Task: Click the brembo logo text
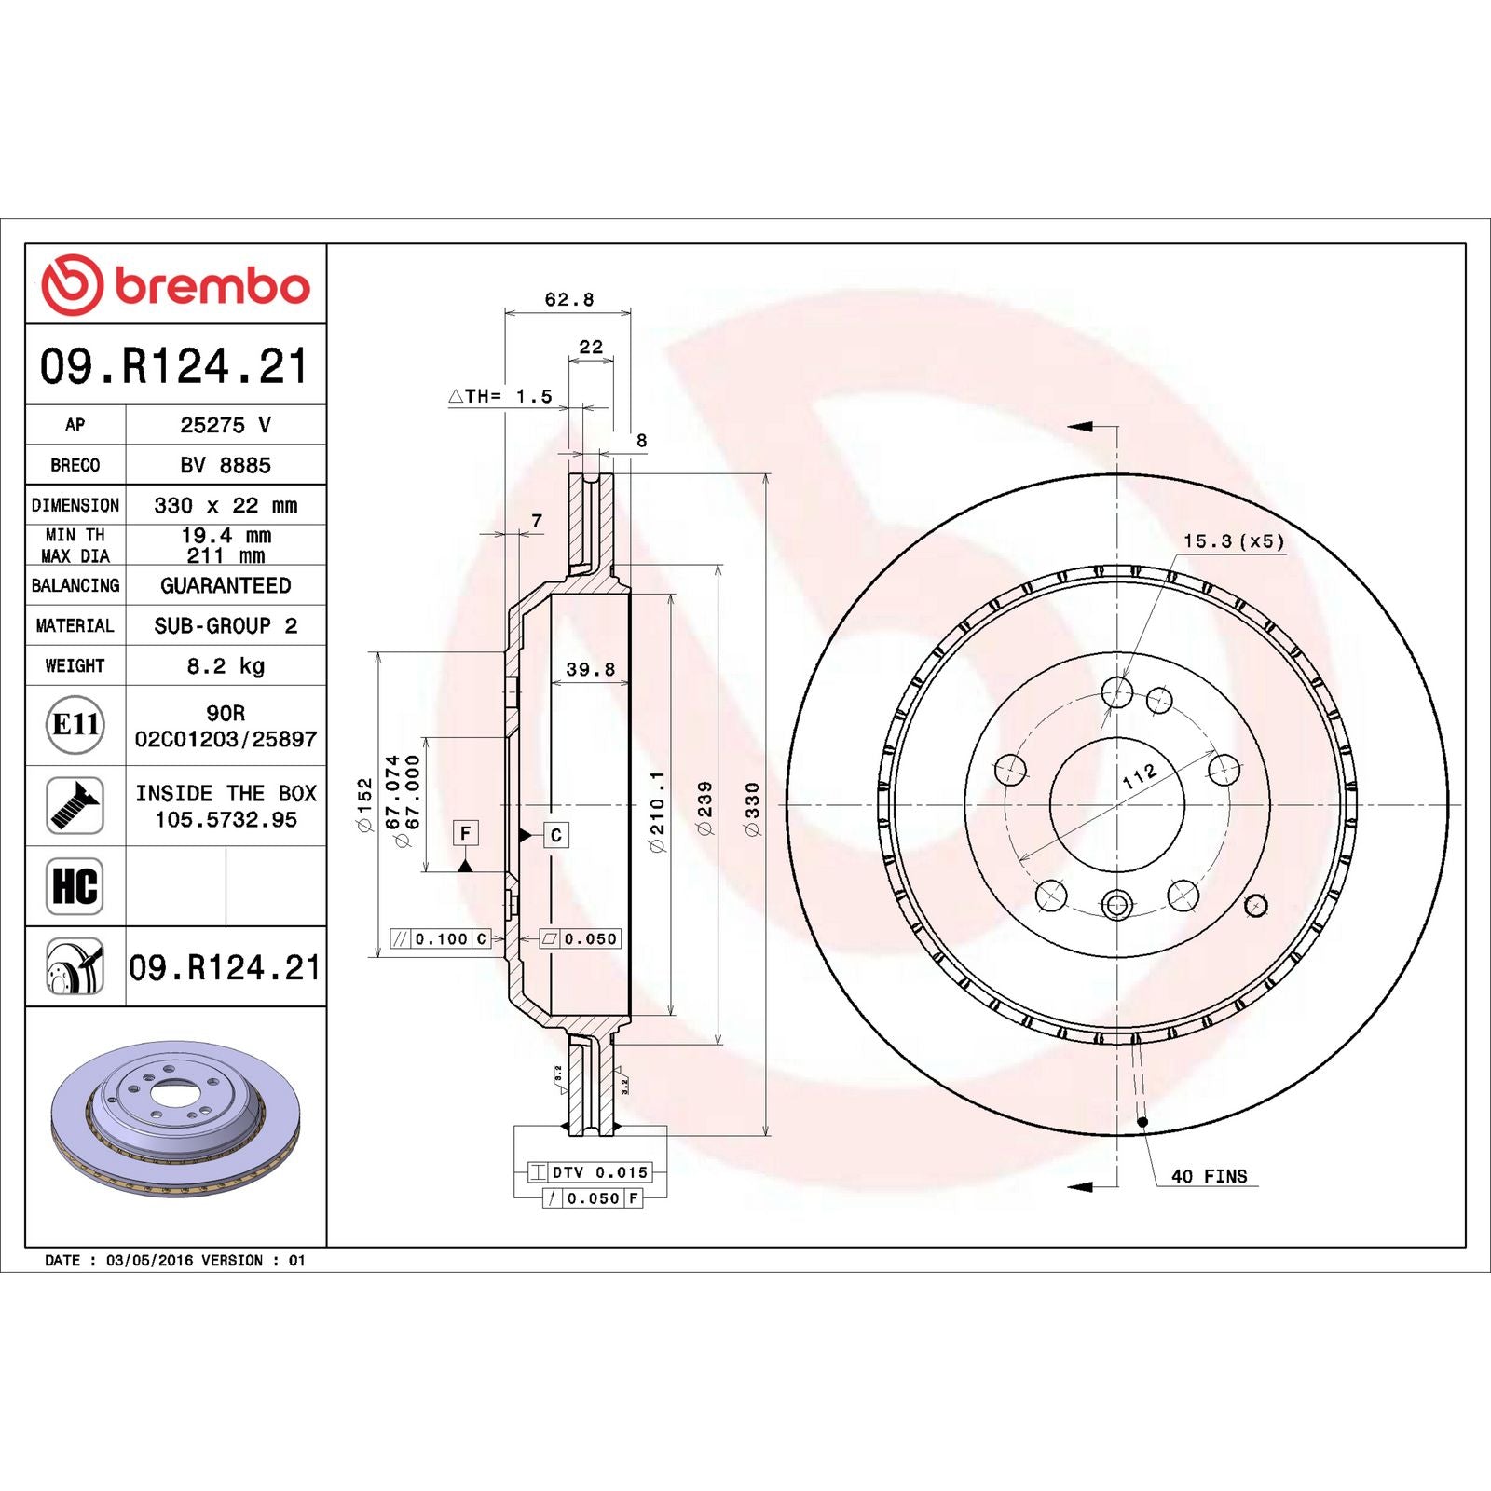click(x=212, y=286)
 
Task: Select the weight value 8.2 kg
click(x=226, y=665)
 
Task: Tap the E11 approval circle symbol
click(x=75, y=724)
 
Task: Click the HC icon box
click(x=75, y=886)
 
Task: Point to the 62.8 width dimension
click(x=568, y=299)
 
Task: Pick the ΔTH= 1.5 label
click(x=500, y=396)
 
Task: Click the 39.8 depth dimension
click(x=590, y=669)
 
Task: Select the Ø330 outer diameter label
click(x=753, y=808)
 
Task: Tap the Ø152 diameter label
click(x=365, y=805)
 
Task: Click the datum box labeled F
click(x=465, y=832)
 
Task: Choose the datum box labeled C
click(x=555, y=835)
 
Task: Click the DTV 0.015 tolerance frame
click(x=589, y=1172)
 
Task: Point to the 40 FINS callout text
click(x=1209, y=1176)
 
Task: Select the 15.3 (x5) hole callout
click(x=1233, y=541)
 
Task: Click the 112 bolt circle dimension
click(x=1139, y=776)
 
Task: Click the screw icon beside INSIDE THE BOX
click(x=75, y=805)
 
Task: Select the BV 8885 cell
click(x=226, y=465)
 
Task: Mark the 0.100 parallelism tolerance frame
click(x=441, y=938)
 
